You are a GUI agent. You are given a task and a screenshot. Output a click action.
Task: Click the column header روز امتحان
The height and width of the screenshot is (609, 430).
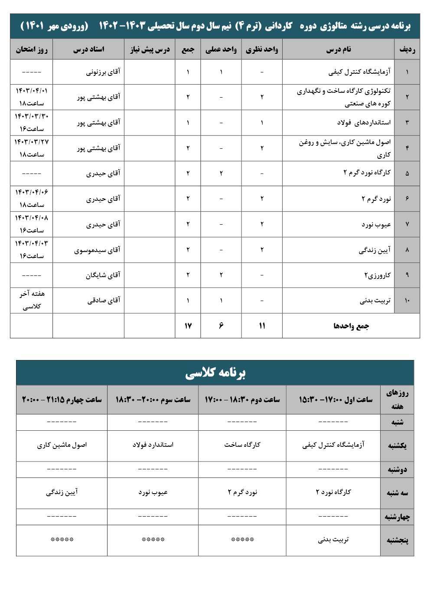click(x=32, y=49)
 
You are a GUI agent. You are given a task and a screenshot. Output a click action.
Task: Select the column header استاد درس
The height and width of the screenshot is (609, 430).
click(x=88, y=49)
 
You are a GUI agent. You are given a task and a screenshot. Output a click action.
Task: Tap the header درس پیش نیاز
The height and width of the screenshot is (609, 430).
click(x=150, y=50)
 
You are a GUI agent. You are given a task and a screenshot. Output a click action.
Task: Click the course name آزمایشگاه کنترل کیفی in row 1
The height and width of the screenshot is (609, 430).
click(x=359, y=72)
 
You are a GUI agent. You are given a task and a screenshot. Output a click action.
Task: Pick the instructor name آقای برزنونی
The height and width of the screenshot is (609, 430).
click(x=103, y=72)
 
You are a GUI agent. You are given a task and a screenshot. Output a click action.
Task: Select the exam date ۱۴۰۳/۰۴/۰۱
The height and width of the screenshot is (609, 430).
click(x=32, y=91)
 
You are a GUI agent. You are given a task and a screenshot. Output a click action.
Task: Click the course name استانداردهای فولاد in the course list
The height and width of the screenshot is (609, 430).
click(x=364, y=122)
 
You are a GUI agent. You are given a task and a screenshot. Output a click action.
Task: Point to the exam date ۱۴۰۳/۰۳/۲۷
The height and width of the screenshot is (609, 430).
click(x=32, y=142)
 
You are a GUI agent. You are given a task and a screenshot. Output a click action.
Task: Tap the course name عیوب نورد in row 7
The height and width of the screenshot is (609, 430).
click(x=376, y=224)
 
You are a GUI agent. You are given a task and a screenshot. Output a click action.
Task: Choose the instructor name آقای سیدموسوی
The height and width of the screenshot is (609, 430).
click(x=97, y=250)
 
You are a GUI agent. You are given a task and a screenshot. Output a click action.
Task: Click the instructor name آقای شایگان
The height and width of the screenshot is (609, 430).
click(x=103, y=275)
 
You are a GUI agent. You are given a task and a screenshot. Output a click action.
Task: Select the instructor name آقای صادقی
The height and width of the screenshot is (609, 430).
click(x=104, y=300)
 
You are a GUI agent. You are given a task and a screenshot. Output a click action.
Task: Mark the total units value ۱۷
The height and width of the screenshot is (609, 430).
click(x=188, y=326)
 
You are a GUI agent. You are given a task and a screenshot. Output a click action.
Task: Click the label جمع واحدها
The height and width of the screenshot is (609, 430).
click(x=351, y=326)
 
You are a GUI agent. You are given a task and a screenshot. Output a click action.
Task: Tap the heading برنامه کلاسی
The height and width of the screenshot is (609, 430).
click(x=215, y=373)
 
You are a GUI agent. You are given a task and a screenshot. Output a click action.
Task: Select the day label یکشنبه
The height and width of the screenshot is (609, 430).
click(x=397, y=445)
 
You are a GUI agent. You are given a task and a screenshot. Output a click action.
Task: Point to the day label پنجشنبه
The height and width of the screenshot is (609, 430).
click(x=397, y=540)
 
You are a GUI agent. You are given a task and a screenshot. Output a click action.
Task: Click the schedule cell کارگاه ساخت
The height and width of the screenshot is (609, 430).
click(x=242, y=445)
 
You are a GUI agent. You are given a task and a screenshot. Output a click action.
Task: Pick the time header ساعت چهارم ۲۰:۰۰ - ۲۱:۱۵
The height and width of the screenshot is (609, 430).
click(x=62, y=399)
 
